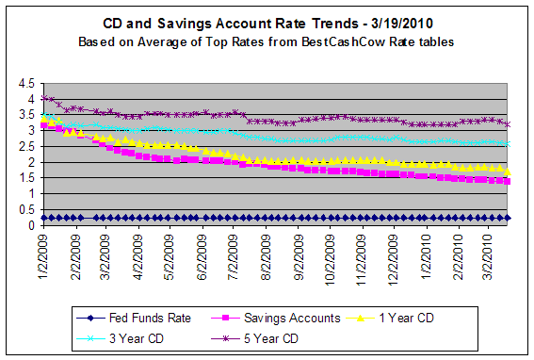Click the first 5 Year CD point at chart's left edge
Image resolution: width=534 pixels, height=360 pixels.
(42, 97)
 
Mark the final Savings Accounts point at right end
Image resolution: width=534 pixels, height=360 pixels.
(509, 181)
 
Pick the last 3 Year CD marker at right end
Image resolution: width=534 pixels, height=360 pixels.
(509, 143)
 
